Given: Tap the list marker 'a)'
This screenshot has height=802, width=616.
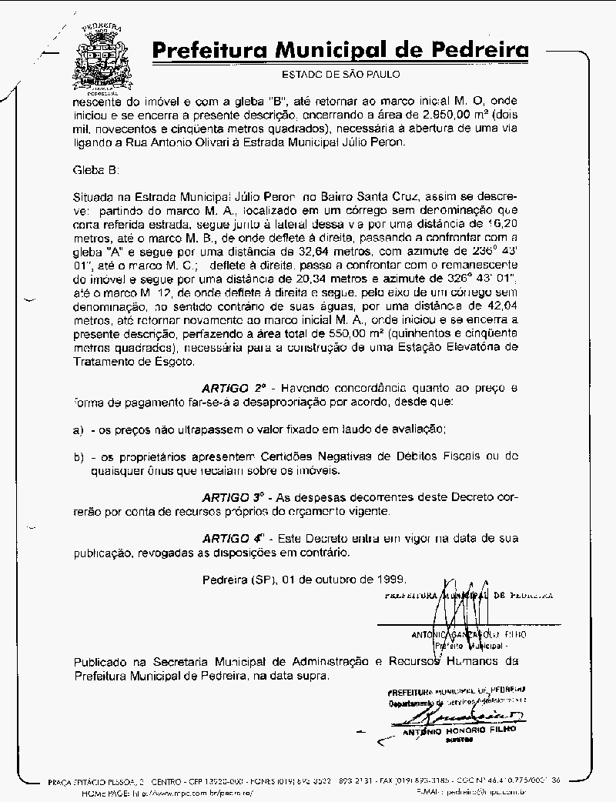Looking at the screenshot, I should tap(79, 428).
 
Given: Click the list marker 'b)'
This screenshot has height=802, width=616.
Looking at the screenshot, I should tap(79, 456).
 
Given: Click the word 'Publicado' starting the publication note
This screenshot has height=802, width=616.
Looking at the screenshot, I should tap(99, 661).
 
